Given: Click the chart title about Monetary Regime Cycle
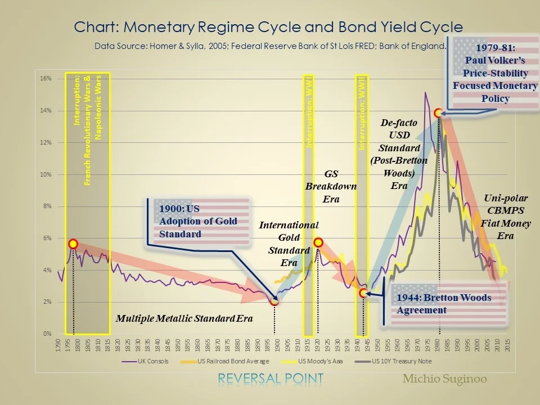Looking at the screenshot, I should click(x=268, y=27).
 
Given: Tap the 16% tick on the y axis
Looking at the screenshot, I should click(x=46, y=79).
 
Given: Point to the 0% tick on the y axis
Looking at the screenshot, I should click(x=47, y=334).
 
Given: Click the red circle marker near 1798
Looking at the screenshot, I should click(x=73, y=244).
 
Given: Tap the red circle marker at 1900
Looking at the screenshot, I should click(x=274, y=301).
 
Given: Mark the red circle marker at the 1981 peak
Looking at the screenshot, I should click(x=439, y=113).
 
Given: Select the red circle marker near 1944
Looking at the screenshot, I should click(x=363, y=293).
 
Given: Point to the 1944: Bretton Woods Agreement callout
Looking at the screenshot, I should click(x=444, y=304).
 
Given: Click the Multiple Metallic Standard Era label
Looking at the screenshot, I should click(x=184, y=318).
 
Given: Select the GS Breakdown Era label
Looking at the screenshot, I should click(x=331, y=187).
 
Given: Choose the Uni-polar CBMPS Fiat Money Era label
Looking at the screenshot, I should click(x=505, y=217).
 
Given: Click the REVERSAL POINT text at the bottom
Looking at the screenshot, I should click(x=271, y=379).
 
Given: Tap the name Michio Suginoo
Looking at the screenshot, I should click(x=444, y=379).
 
